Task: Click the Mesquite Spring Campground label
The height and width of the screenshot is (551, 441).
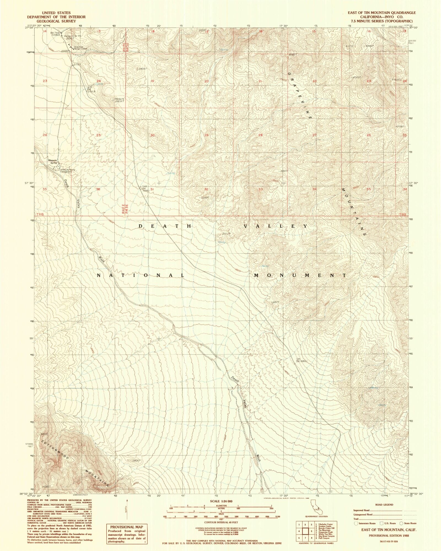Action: point(68,171)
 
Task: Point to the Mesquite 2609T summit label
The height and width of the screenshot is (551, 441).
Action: point(119,100)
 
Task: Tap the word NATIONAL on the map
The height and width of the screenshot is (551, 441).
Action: point(141,275)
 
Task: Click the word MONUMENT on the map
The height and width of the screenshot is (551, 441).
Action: point(300,275)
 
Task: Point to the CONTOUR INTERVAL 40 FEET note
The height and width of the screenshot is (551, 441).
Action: point(221,522)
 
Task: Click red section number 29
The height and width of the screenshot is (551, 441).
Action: point(206,135)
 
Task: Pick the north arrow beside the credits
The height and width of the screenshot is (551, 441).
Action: point(127,507)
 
